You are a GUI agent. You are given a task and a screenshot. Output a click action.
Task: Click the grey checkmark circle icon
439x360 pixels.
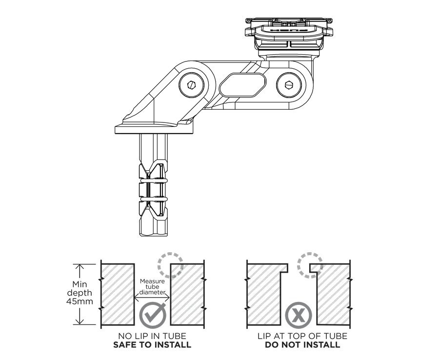tap(153, 314)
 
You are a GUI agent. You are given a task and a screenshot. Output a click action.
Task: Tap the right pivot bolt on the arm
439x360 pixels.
tap(289, 84)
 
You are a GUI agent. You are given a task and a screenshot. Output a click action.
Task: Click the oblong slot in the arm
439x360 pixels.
tap(242, 84)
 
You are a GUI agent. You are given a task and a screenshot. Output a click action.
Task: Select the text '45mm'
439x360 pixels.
tap(80, 301)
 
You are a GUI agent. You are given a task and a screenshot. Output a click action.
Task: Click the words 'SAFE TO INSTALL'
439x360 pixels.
tap(152, 344)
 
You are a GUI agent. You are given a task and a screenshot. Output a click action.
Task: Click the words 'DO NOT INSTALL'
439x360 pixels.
tap(302, 344)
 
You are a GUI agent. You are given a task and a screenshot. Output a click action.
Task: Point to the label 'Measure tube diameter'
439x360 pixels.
tap(153, 287)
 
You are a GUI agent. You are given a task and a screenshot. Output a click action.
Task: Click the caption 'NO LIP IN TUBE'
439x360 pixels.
tap(152, 336)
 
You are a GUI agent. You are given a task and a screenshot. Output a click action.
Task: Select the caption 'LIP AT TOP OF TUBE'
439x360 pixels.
tap(302, 336)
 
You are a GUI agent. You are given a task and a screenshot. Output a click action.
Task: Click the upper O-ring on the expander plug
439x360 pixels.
tap(154, 180)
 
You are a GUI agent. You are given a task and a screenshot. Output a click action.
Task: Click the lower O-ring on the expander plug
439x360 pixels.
tap(154, 199)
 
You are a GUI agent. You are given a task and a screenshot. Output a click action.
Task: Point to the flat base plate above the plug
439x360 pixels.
tap(154, 130)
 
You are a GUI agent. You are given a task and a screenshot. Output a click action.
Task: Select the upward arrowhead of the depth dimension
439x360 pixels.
tap(80, 268)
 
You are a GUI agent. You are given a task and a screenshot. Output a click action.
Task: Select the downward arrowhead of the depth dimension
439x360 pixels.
tap(80, 320)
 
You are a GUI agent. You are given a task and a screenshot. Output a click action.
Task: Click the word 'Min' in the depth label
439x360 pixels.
tap(80, 284)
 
